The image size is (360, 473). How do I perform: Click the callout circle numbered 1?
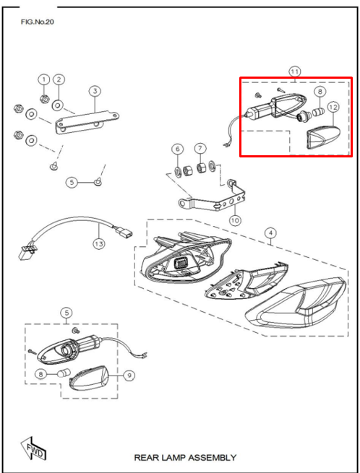pyautogui.click(x=43, y=79)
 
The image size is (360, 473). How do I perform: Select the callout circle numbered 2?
pyautogui.click(x=59, y=79)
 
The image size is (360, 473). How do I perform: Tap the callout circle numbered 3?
pyautogui.click(x=95, y=91)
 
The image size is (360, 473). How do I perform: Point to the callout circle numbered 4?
pyautogui.click(x=270, y=233)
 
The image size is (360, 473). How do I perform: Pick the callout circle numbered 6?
pyautogui.click(x=177, y=149)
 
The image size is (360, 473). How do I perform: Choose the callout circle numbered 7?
pyautogui.click(x=200, y=149)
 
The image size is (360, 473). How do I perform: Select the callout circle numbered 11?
pyautogui.click(x=294, y=71)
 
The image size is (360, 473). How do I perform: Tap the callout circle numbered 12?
pyautogui.click(x=333, y=108)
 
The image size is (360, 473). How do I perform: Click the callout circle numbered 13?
pyautogui.click(x=98, y=244)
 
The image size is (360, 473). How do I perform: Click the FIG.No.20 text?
pyautogui.click(x=38, y=22)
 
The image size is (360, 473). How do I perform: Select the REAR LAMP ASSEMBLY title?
pyautogui.click(x=185, y=458)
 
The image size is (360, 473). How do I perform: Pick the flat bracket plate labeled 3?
pyautogui.click(x=87, y=115)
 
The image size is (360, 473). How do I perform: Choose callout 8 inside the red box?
pyautogui.click(x=320, y=92)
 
